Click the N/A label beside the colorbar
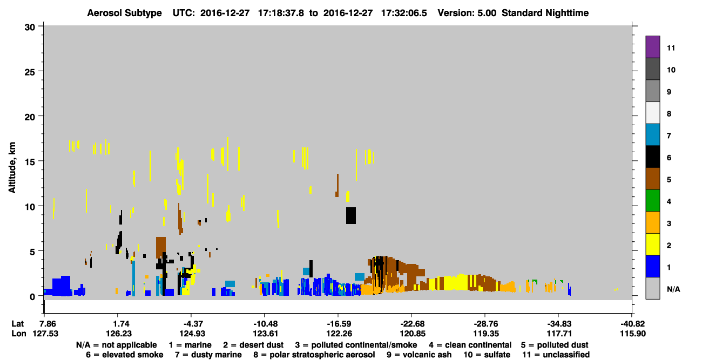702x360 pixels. coord(673,289)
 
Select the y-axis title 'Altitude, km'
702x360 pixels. coord(12,168)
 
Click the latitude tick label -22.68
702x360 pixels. coord(412,324)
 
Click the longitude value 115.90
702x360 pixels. coord(633,334)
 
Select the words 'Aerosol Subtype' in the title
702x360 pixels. coord(124,13)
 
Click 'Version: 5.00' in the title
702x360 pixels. coord(467,13)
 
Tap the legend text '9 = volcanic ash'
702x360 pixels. coord(419,355)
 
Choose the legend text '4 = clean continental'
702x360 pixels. coord(470,345)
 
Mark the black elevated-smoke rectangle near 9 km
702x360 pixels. coord(351,215)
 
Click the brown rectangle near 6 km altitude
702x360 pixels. coord(161,248)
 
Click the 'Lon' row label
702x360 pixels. coord(19,334)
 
